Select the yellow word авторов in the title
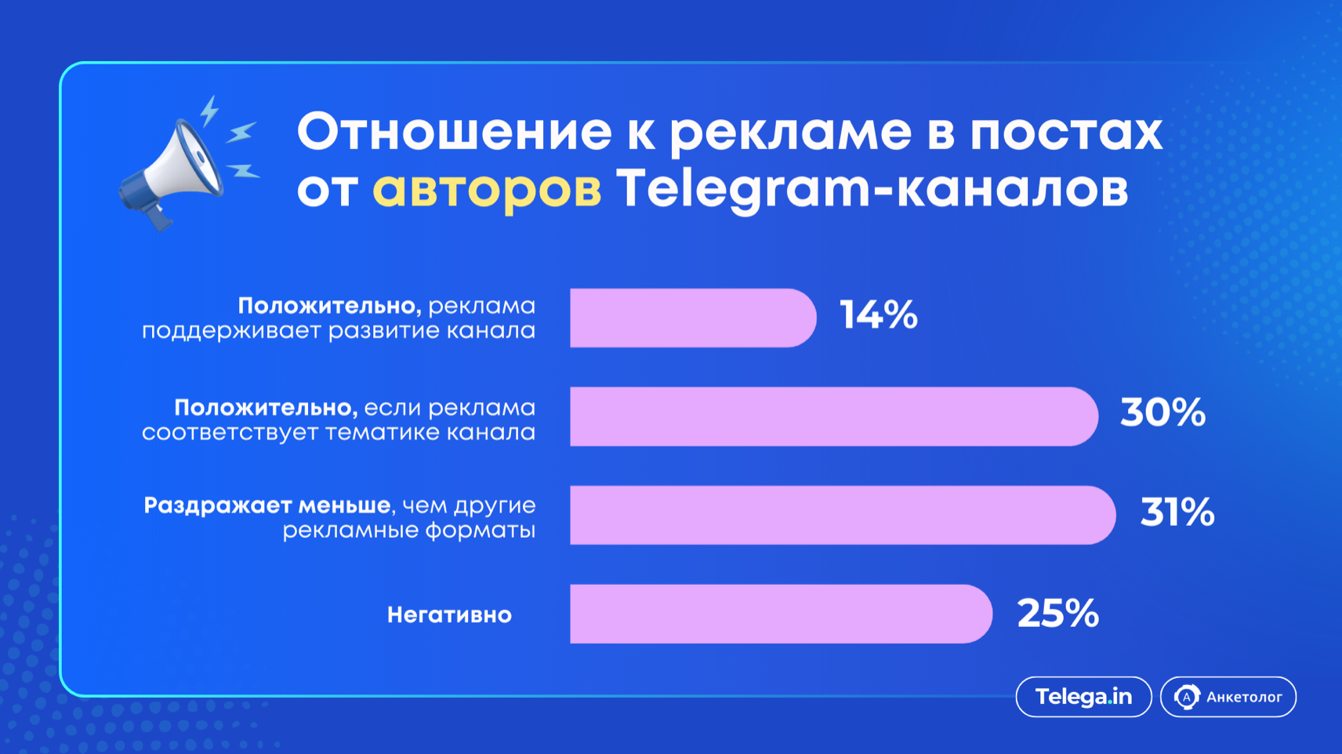(487, 189)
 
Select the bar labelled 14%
(693, 318)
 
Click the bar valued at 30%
(834, 416)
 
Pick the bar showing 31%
(843, 515)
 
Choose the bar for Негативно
(782, 614)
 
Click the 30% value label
(1162, 412)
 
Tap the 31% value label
(1177, 512)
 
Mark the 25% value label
(1058, 613)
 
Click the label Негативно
(449, 615)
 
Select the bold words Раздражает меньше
(267, 506)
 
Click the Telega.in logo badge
(1084, 697)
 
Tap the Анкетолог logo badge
(1228, 697)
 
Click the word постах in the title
(1066, 132)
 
